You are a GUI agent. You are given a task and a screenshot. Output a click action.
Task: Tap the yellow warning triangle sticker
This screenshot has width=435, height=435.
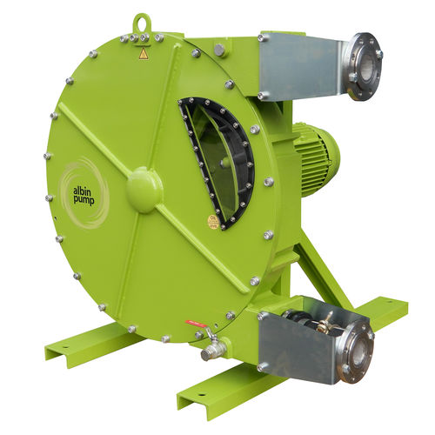144,54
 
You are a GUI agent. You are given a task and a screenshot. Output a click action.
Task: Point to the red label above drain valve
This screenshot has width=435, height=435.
195,325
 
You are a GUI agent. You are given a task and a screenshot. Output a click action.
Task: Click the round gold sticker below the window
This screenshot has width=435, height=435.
213,222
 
